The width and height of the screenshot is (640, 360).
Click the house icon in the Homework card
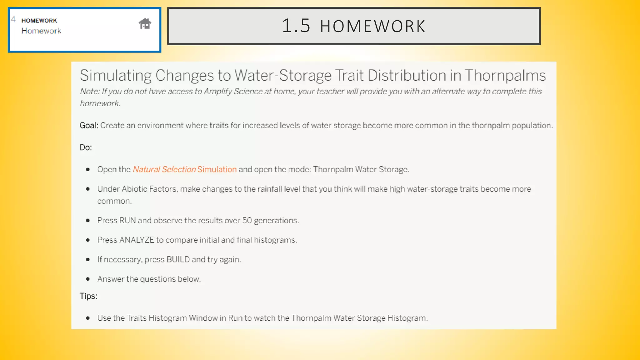[145, 24]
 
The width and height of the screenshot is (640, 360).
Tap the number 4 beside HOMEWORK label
[13, 19]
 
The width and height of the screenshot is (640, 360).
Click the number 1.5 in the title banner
[296, 26]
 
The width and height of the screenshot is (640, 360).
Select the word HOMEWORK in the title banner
[372, 26]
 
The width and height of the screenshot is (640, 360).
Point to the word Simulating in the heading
[116, 75]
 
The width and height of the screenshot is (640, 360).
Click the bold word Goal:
[89, 125]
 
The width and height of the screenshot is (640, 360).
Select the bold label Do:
[86, 147]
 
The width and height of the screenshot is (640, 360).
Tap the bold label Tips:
[88, 296]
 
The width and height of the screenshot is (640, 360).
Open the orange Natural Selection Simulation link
[185, 169]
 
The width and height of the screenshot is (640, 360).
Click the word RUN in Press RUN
[127, 220]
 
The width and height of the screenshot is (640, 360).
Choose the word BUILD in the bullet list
[178, 259]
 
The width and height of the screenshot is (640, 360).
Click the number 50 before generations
[247, 220]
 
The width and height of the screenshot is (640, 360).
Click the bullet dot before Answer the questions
[88, 279]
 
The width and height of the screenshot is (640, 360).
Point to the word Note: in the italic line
[90, 91]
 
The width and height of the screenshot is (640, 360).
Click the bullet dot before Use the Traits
[88, 318]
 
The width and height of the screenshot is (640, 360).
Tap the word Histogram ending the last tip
[407, 318]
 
